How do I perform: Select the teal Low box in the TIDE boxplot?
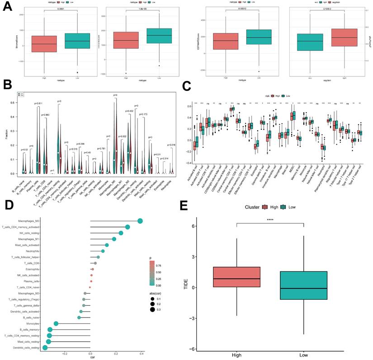[x=303, y=292]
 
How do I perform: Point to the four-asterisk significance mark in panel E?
[x=269, y=220]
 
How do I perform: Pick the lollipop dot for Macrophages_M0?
[x=140, y=221]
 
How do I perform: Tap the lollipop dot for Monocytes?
[x=56, y=324]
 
